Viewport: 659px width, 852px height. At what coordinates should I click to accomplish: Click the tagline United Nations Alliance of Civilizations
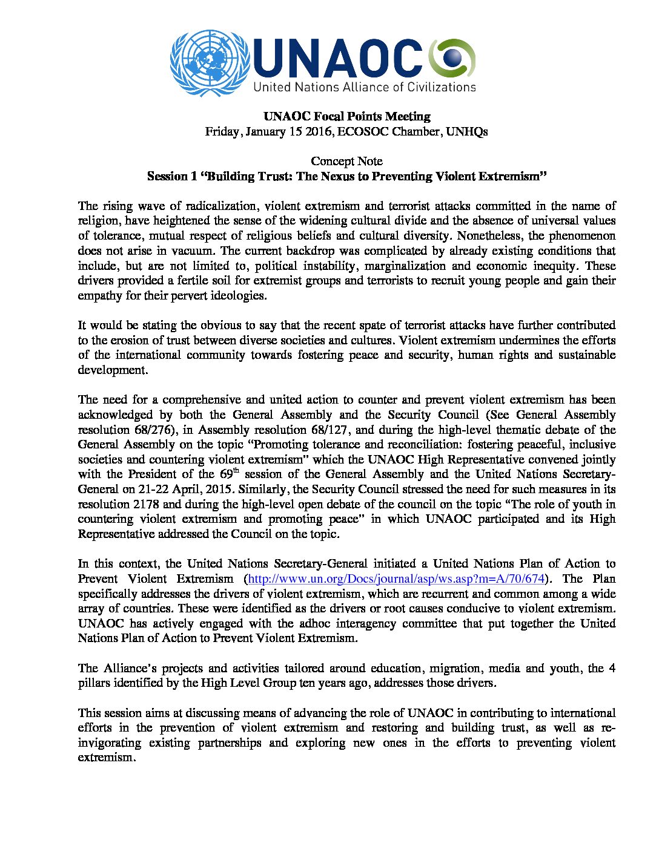pyautogui.click(x=365, y=87)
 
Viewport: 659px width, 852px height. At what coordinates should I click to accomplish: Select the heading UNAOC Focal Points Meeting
pyautogui.click(x=346, y=116)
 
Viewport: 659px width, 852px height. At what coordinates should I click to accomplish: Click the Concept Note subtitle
pyautogui.click(x=346, y=161)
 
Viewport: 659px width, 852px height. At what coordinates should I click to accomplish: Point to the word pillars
pyautogui.click(x=94, y=683)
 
